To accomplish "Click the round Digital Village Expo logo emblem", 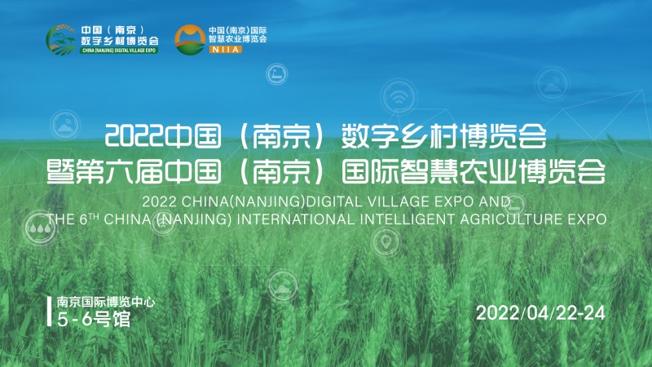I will click(x=62, y=38).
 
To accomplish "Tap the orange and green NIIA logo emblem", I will click(x=190, y=38).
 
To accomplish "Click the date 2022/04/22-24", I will click(x=540, y=313).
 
